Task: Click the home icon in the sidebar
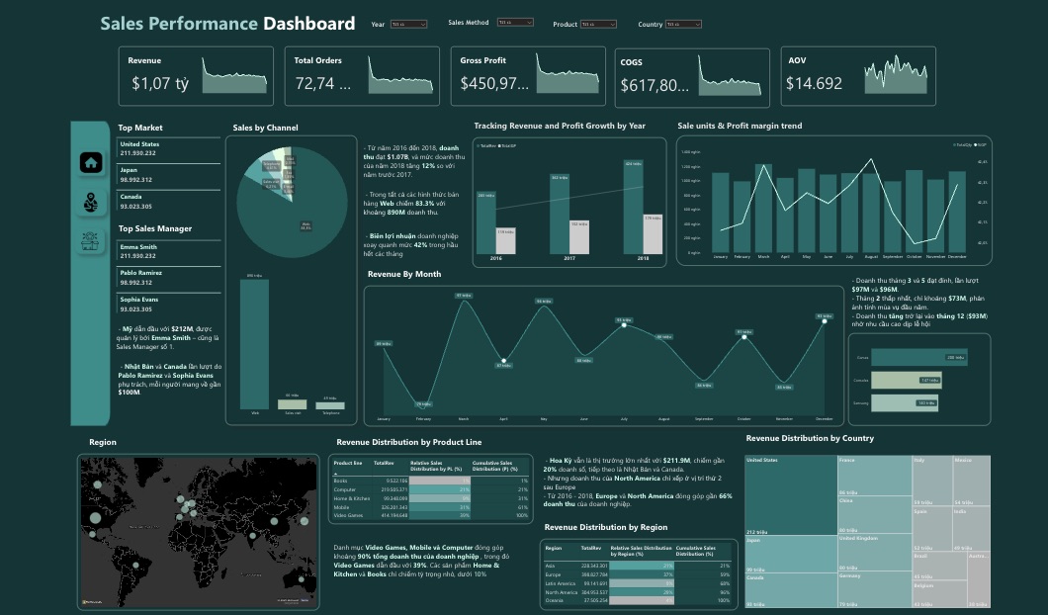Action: (x=92, y=162)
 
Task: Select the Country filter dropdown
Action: (x=684, y=24)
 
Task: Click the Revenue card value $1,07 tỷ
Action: (x=159, y=84)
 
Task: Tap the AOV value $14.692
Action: (x=814, y=84)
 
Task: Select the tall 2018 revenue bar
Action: (x=633, y=207)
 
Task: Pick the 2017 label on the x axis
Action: (x=569, y=259)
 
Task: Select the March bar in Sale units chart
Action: (x=763, y=206)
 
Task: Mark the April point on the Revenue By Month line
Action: (x=504, y=361)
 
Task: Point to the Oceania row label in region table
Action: (x=556, y=599)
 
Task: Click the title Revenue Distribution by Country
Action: (x=809, y=438)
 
